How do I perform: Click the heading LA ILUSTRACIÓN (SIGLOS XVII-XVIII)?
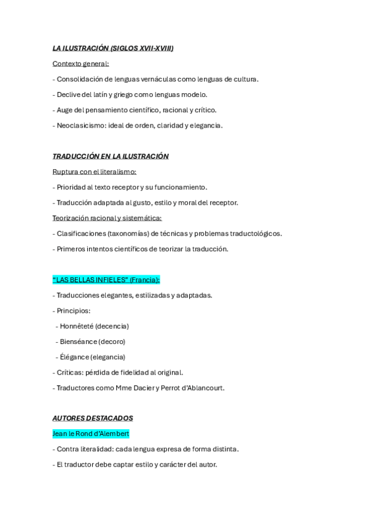point(113,48)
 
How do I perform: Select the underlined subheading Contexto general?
point(80,64)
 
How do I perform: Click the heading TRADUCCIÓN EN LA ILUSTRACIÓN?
point(111,156)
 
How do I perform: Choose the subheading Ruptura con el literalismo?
point(94,172)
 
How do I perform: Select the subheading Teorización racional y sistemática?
point(107,218)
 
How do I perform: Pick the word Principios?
point(73,311)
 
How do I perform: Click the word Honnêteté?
point(76,326)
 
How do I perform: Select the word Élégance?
point(74,357)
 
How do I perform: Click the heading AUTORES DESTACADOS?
point(93,419)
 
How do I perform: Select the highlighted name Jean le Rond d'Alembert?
point(91,434)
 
